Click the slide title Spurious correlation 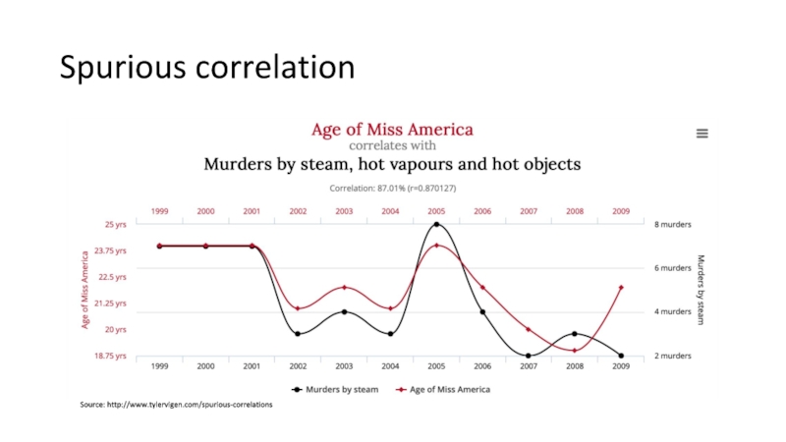[x=206, y=68]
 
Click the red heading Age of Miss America [x=392, y=130]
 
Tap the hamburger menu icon [x=702, y=135]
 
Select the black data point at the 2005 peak [x=436, y=224]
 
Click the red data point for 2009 [x=621, y=288]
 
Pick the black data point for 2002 [x=298, y=334]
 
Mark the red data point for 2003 [x=344, y=288]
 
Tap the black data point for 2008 [x=575, y=334]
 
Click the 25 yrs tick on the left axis [x=116, y=224]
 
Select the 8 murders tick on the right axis [x=674, y=224]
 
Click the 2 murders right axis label [x=674, y=356]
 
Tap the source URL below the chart [x=177, y=405]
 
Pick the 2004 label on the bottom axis [x=390, y=366]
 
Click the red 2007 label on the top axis [x=529, y=210]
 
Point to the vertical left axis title [x=84, y=290]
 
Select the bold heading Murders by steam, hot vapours [x=392, y=163]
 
